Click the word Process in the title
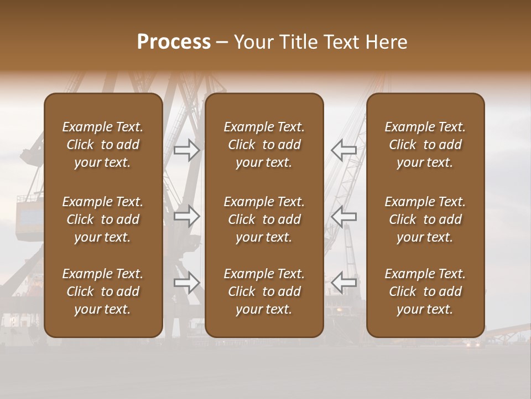pos(174,42)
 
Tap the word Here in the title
pos(386,42)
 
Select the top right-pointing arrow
pos(187,150)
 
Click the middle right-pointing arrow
pos(187,216)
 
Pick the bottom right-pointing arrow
pos(187,283)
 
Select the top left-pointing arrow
pos(343,150)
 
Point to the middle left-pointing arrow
pos(343,216)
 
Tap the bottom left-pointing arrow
pos(343,283)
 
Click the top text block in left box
pos(103,145)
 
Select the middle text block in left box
pos(103,219)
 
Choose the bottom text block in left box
pos(103,291)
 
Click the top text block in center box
pos(264,145)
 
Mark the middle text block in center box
pos(264,219)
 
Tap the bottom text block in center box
pos(264,291)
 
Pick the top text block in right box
pos(425,145)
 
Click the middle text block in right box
pos(425,219)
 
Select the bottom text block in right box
pos(425,291)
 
